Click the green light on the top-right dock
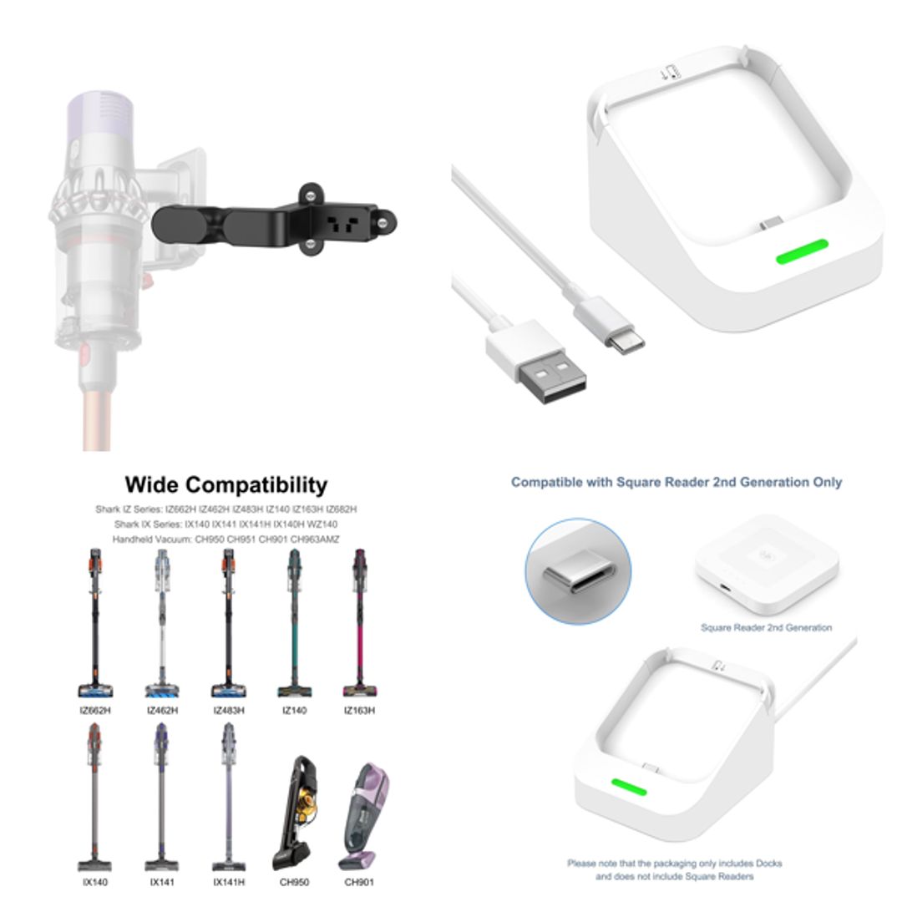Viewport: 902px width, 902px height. pyautogui.click(x=802, y=251)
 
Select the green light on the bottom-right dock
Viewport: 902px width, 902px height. pyautogui.click(x=629, y=788)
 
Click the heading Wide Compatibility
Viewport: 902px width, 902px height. pyautogui.click(x=225, y=485)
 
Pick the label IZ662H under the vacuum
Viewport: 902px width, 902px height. pyautogui.click(x=96, y=710)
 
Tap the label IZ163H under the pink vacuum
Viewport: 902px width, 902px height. pyautogui.click(x=359, y=710)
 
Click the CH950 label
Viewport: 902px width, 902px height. pyautogui.click(x=292, y=882)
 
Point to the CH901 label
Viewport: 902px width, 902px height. pyautogui.click(x=359, y=882)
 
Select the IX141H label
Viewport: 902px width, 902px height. pyautogui.click(x=229, y=882)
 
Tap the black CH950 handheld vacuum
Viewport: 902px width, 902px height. pyautogui.click(x=293, y=814)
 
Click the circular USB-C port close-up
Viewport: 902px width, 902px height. pyautogui.click(x=578, y=571)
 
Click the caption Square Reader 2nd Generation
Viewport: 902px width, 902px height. pyautogui.click(x=766, y=627)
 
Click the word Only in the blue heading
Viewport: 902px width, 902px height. pyautogui.click(x=826, y=482)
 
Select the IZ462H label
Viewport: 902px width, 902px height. pyautogui.click(x=162, y=710)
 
